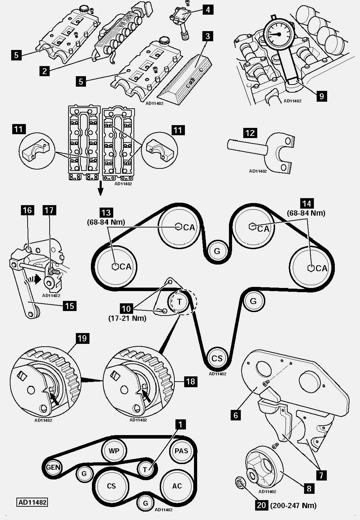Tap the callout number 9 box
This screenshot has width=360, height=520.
pos(322,96)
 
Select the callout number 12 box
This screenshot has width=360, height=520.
pos(250,133)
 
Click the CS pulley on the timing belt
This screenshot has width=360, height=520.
pos(217,358)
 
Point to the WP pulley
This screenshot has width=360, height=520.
pos(114,450)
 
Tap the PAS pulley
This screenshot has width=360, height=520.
pos(181,450)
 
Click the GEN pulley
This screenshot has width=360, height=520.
pos(53,467)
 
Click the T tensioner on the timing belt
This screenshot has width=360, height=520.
pos(179,302)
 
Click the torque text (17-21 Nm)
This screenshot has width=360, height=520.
pos(127,318)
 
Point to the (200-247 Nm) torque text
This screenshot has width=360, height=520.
pos(293,505)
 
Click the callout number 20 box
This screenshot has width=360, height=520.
pos(261,505)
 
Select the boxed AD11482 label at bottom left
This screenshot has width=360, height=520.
pos(32,503)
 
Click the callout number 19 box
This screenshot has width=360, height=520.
pos(82,339)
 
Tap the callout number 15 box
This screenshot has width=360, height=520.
pos(70,306)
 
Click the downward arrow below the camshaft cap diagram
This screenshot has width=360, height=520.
pos(100,188)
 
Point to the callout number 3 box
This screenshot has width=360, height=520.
pos(208,36)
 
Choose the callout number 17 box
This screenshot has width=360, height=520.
pos(49,210)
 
